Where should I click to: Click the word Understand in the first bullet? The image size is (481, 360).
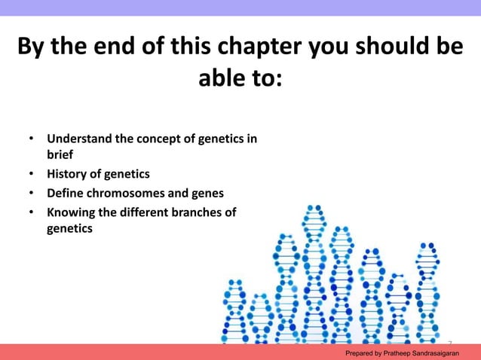(x=79, y=139)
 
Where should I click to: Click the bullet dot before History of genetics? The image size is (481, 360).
(x=31, y=174)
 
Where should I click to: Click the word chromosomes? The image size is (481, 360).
(x=130, y=193)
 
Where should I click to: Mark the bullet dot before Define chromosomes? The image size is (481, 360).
(x=31, y=193)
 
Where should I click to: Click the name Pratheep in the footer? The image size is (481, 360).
(x=407, y=352)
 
